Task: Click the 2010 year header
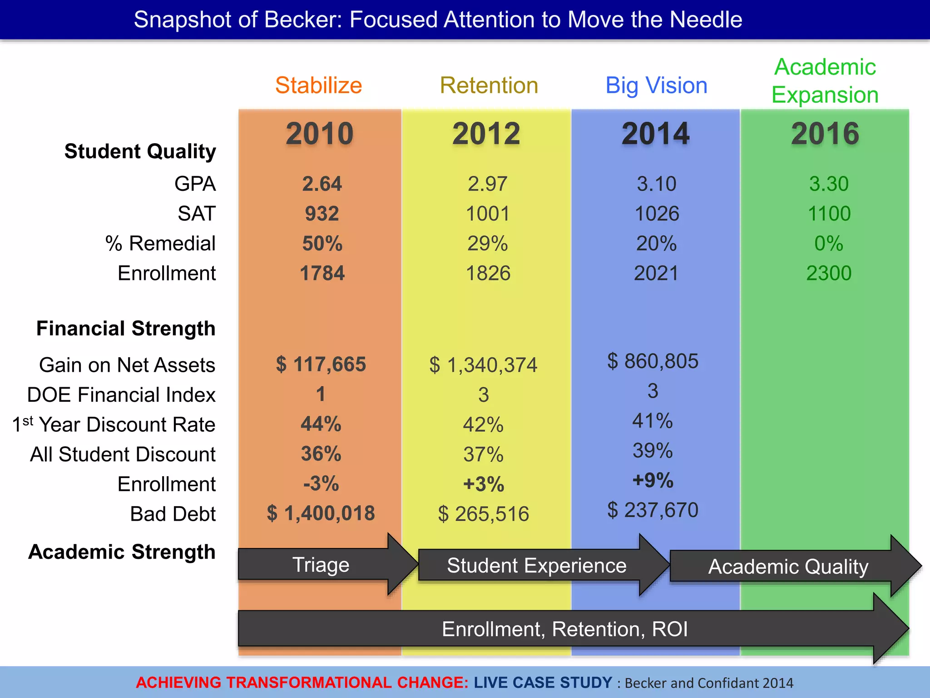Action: point(320,134)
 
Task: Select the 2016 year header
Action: point(825,134)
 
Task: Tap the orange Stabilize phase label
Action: point(318,85)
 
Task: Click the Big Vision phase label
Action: point(656,85)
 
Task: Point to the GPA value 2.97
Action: point(487,184)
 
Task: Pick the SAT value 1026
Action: point(657,214)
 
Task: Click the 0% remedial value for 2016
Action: point(828,244)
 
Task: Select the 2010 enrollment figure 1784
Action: point(322,274)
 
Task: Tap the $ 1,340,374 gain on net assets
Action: point(483,365)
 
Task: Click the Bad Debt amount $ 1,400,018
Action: point(321,514)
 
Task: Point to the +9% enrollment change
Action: point(653,480)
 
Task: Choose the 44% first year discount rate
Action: point(321,424)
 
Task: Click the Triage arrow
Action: point(321,565)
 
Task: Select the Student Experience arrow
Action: point(536,566)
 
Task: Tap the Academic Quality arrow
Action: point(788,567)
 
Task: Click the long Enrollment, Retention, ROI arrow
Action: point(564,629)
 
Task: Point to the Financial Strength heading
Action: point(126,329)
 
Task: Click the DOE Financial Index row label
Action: point(121,395)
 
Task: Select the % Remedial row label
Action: point(160,244)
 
